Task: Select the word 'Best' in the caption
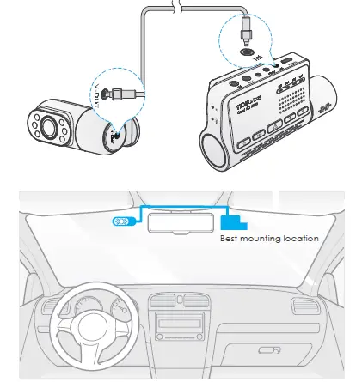click(229, 239)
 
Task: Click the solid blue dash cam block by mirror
click(238, 221)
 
